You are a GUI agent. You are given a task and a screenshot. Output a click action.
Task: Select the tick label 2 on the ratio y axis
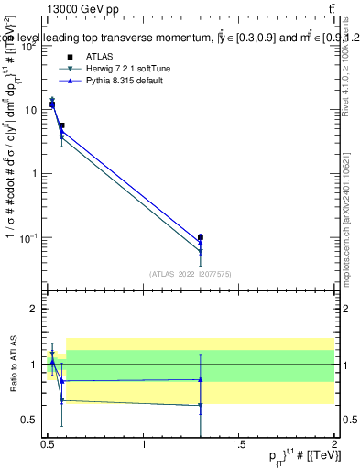point(31,309)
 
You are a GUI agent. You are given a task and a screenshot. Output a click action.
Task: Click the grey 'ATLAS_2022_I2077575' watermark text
point(189,273)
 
